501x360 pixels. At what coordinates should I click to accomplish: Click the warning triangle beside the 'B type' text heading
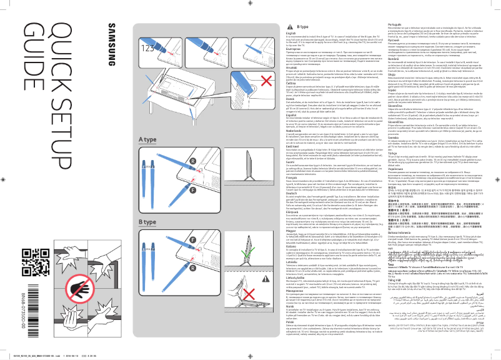292,28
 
